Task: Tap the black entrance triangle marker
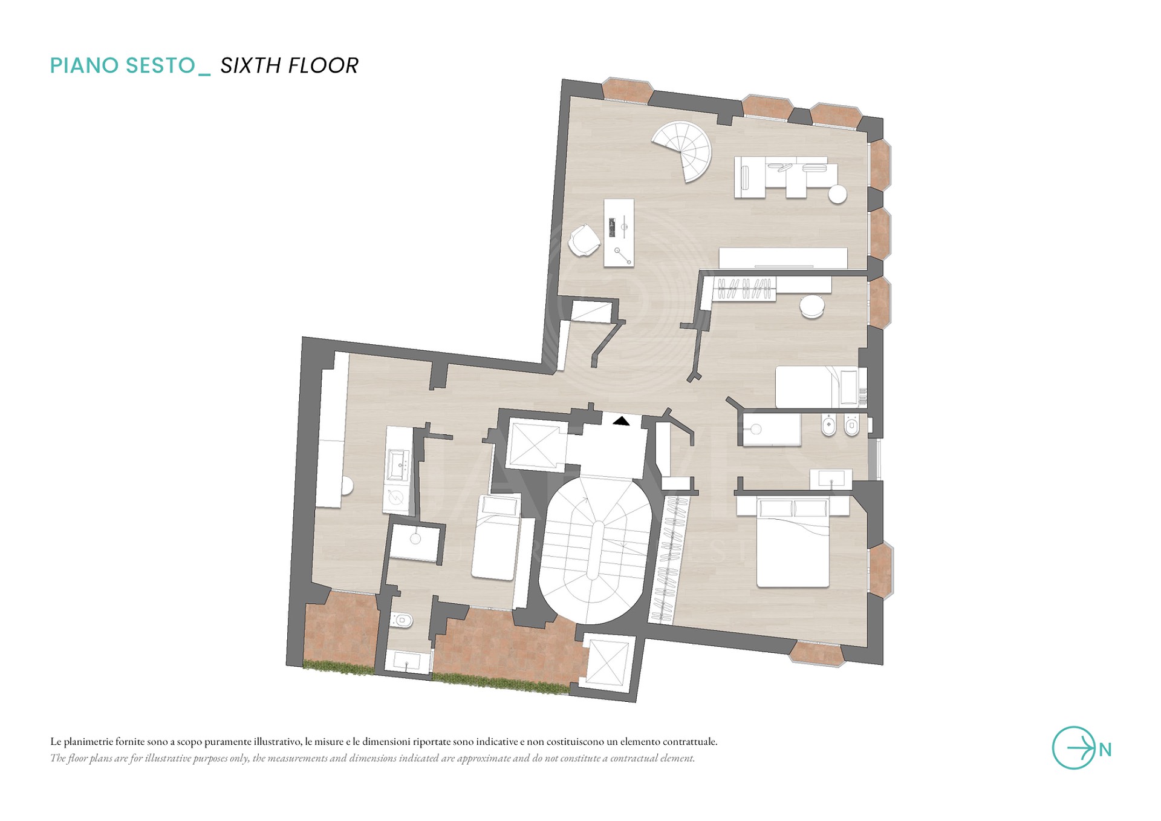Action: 621,420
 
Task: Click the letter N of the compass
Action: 1105,750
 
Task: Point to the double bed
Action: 793,543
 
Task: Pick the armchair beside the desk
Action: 584,240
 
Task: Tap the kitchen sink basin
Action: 398,465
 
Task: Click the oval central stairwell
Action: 595,551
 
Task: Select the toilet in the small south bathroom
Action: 402,620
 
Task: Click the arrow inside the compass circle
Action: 1081,748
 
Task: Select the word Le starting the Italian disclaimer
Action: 56,741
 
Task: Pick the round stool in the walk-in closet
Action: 811,307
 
